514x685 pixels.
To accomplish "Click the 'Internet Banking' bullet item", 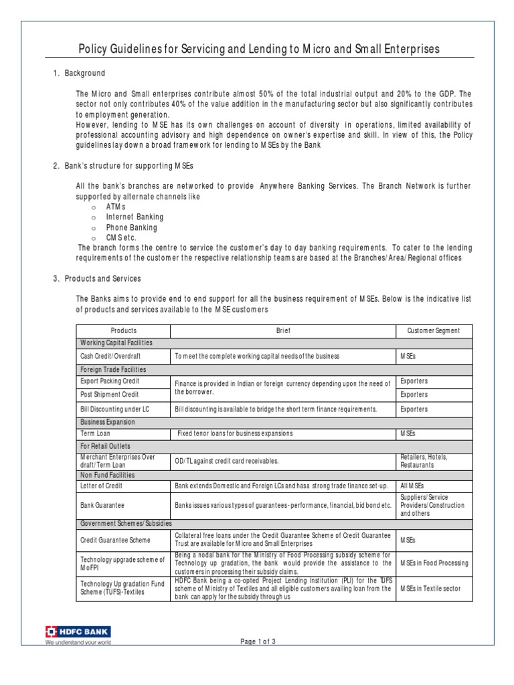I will (x=135, y=217).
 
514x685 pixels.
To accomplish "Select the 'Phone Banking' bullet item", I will (x=131, y=227).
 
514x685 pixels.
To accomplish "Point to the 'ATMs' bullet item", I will (x=116, y=207).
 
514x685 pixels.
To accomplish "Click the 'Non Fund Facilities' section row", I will (x=108, y=474).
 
